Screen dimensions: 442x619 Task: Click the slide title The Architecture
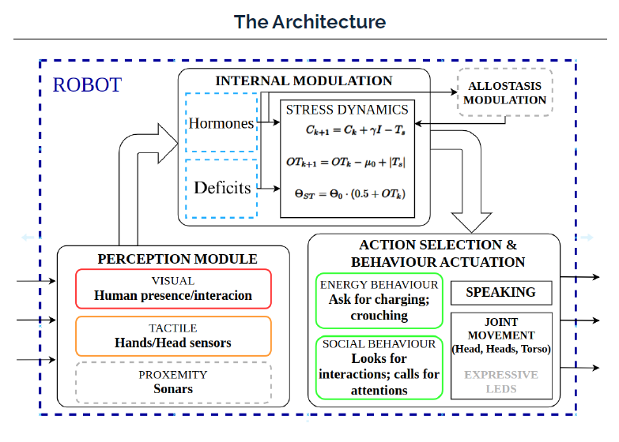[310, 21]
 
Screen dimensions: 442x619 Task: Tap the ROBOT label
[87, 84]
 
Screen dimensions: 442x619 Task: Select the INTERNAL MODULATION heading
[304, 81]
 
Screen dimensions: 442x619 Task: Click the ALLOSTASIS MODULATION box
[504, 93]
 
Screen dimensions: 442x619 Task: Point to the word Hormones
[221, 124]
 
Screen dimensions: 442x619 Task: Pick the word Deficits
[222, 188]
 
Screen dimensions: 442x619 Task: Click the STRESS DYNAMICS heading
[347, 110]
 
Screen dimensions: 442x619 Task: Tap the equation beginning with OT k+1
[347, 162]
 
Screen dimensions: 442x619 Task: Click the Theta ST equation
[347, 194]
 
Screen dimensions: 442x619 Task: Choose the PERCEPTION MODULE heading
[177, 259]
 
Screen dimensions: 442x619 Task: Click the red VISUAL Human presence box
[173, 288]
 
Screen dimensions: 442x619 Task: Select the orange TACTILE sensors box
[173, 335]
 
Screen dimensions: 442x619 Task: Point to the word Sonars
[173, 388]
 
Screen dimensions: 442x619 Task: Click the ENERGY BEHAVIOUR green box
[379, 300]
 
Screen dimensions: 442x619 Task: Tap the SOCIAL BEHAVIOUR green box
[379, 368]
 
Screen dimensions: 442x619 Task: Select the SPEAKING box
[500, 292]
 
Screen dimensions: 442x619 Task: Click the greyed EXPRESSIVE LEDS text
[500, 381]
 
